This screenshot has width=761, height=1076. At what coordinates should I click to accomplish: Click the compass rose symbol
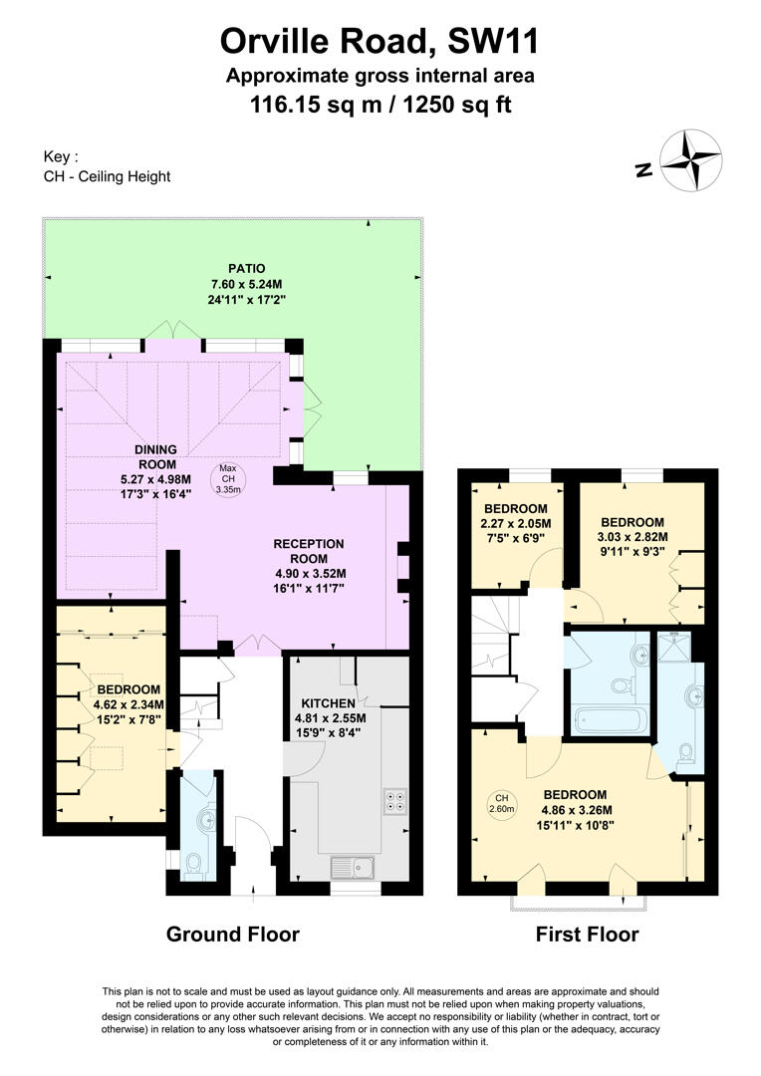pos(688,160)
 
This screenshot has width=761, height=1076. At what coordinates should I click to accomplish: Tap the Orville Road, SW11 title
pos(380,41)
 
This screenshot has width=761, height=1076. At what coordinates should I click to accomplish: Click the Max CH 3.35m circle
pos(228,479)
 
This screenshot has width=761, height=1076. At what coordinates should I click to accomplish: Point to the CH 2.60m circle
pos(502,804)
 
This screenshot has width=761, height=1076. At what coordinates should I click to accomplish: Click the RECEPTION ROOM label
pos(309,551)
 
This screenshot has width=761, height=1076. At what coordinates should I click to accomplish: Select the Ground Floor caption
pos(232,935)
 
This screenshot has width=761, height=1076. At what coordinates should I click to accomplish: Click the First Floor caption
pos(587,935)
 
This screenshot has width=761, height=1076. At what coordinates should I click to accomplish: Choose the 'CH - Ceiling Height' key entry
pos(108,176)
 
